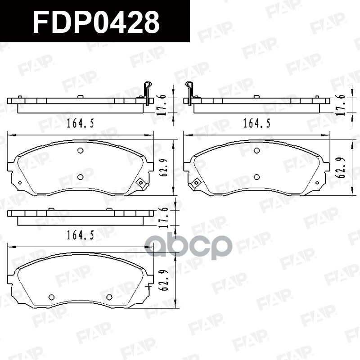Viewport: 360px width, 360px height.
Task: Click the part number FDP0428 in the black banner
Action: point(96,22)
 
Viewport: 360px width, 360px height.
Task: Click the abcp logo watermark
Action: point(188,246)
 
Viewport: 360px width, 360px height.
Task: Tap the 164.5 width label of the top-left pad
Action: point(81,123)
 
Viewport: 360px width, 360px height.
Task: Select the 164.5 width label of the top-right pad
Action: point(257,123)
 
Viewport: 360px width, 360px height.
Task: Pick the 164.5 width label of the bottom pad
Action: point(81,235)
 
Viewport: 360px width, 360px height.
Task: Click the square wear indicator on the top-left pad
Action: point(140,183)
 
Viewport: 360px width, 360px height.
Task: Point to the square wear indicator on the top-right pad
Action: point(196,183)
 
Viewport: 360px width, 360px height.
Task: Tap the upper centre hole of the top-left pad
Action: point(80,151)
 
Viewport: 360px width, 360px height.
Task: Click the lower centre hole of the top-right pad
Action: point(256,177)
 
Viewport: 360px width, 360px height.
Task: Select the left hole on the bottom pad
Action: point(51,297)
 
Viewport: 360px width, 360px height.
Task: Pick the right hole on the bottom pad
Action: point(109,297)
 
